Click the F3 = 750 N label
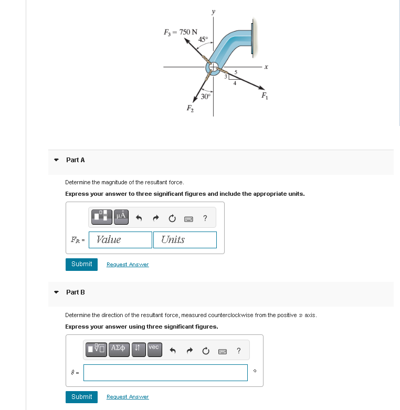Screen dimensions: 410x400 (181, 32)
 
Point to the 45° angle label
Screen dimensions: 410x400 (204, 39)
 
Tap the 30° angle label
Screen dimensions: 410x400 (206, 96)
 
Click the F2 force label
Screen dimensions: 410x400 (190, 108)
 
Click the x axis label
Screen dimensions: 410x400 (267, 67)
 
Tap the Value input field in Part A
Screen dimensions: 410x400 (121, 240)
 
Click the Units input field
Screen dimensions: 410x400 (185, 240)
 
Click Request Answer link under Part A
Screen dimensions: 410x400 (128, 265)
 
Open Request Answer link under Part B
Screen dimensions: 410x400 (128, 397)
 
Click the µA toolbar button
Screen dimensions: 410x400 (121, 216)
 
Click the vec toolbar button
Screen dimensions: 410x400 (154, 349)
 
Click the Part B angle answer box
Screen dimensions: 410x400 (165, 373)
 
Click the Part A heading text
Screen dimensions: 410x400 (76, 160)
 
